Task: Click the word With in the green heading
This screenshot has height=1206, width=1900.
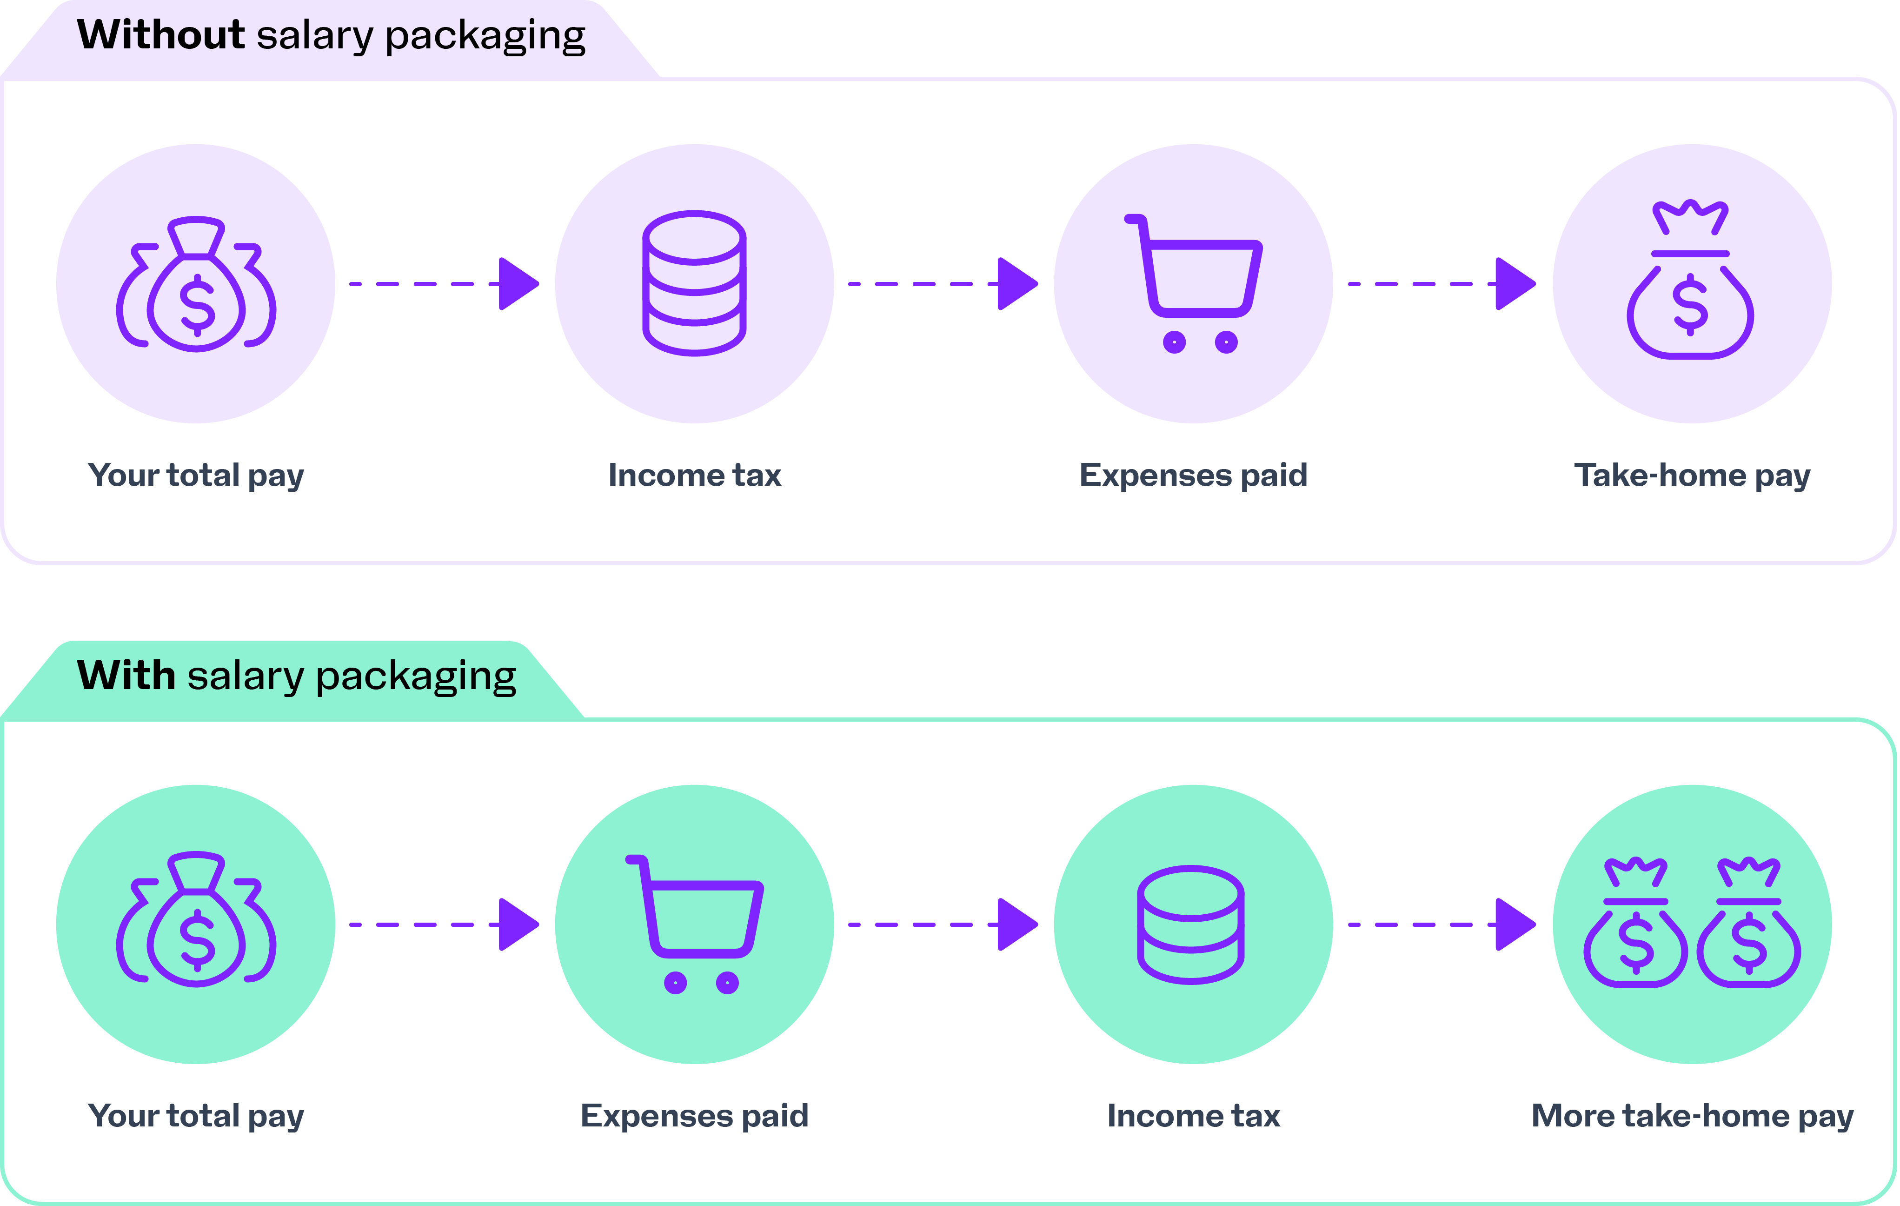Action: (x=126, y=677)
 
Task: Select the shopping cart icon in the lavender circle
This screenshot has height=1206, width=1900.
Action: (x=1193, y=282)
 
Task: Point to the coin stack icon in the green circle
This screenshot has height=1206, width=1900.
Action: (x=1191, y=924)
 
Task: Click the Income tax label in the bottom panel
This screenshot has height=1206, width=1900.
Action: (x=1193, y=1117)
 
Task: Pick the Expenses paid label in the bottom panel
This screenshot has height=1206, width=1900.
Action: (x=694, y=1117)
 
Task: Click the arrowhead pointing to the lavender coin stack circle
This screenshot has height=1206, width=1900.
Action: (x=518, y=283)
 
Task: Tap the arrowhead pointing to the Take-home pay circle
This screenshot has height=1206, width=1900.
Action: (x=1515, y=283)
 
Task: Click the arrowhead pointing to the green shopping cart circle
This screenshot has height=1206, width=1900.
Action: (x=518, y=924)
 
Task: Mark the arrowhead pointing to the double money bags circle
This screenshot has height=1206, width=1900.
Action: (x=1515, y=924)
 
